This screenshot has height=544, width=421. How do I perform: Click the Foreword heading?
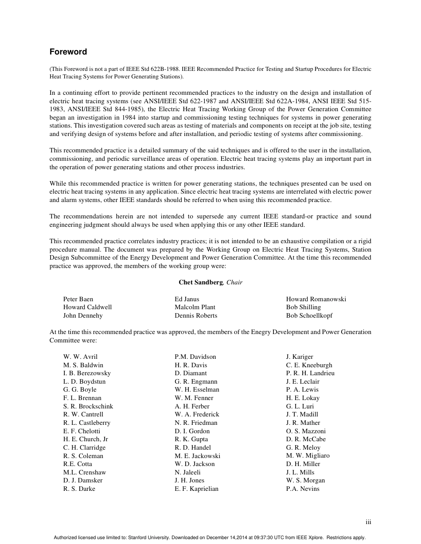pos(68,52)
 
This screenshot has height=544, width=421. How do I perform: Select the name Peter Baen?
pos(78,299)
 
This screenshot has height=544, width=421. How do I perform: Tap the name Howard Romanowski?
pos(316,299)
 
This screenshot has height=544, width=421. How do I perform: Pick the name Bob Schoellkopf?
pos(309,316)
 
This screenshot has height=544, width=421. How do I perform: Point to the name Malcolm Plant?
pos(195,307)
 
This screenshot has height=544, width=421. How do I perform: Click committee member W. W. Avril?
pos(80,357)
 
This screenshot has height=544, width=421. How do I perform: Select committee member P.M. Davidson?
pos(195,357)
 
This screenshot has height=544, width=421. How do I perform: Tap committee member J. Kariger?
pos(300,357)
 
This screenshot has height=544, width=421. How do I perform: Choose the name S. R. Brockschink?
pos(88,407)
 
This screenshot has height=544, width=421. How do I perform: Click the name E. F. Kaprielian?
pos(196,489)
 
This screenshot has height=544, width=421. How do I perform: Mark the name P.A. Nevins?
pos(303,489)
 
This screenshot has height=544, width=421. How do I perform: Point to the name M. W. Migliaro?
pos(308,456)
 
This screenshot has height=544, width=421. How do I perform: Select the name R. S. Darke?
pos(79,489)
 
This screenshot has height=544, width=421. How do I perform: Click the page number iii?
pos(368,522)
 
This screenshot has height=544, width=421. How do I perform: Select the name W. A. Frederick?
pos(197,415)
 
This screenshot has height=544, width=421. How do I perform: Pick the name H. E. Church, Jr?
pos(86,439)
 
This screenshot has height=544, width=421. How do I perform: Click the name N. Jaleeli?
pos(188,473)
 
